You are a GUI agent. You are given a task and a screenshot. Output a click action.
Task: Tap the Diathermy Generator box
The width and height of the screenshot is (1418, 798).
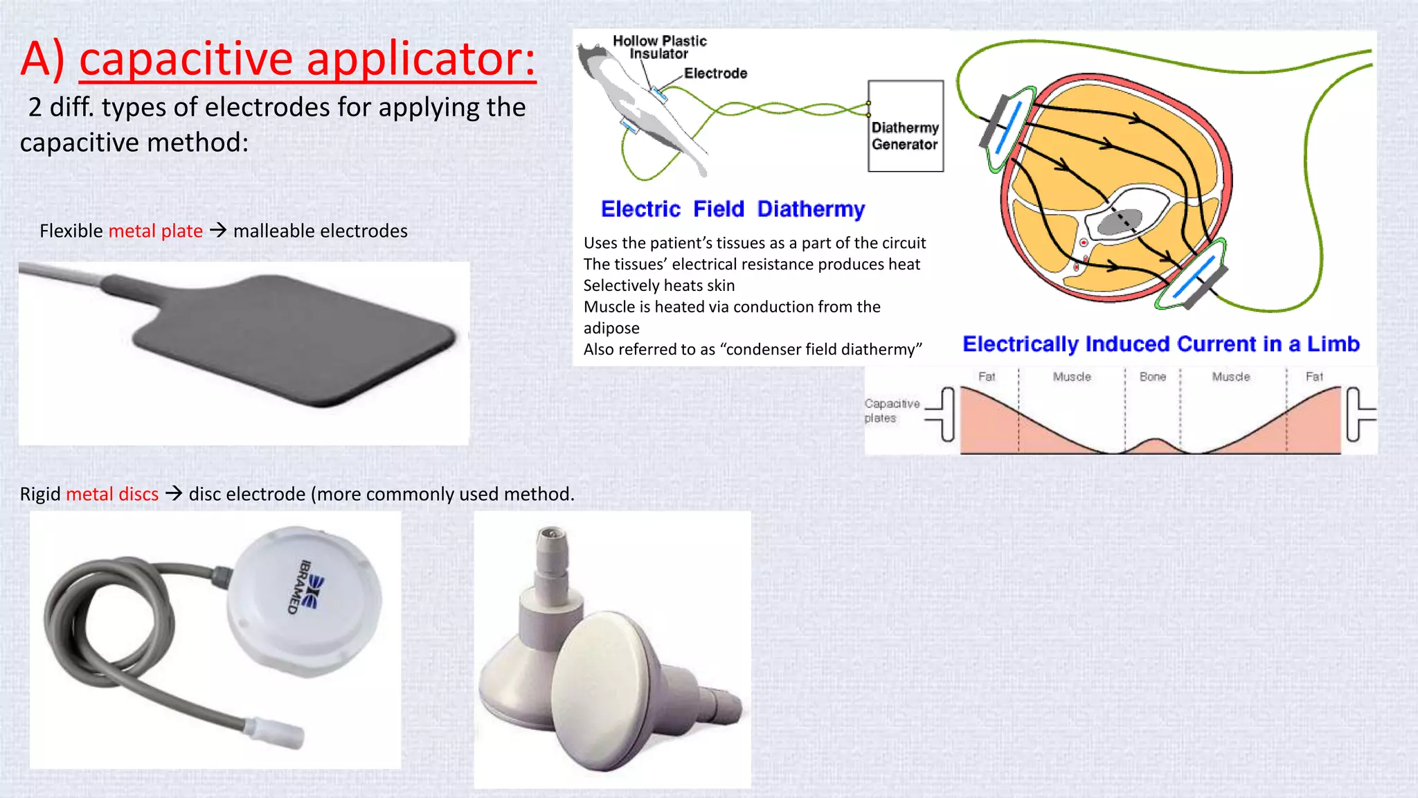pos(905,126)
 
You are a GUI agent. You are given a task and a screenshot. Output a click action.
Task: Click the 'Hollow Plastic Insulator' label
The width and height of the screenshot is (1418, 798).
pos(659,47)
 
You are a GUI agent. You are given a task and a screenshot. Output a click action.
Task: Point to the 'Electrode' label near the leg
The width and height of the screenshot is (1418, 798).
pos(715,73)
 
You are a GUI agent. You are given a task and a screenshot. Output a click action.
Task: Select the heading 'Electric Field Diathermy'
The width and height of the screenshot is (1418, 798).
pos(733,209)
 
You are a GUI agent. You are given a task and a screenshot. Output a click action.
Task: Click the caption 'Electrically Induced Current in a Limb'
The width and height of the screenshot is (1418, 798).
pos(1160,344)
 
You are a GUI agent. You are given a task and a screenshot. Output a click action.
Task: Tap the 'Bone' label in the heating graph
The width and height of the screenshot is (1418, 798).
pos(1152,377)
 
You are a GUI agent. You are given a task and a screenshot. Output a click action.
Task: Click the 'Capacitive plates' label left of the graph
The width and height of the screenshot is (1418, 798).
pos(891,411)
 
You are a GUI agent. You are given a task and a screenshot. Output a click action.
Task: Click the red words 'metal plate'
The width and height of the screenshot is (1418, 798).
pos(156,231)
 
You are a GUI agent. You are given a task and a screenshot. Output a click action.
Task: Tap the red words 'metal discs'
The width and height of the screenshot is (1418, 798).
pos(112,494)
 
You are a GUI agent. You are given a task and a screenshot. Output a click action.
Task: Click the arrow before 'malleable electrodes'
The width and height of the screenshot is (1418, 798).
pos(218,230)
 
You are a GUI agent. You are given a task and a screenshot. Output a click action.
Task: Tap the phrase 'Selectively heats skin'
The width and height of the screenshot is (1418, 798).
pos(658,285)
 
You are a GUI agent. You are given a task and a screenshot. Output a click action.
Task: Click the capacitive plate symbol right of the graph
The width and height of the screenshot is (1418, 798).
pos(1358,414)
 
